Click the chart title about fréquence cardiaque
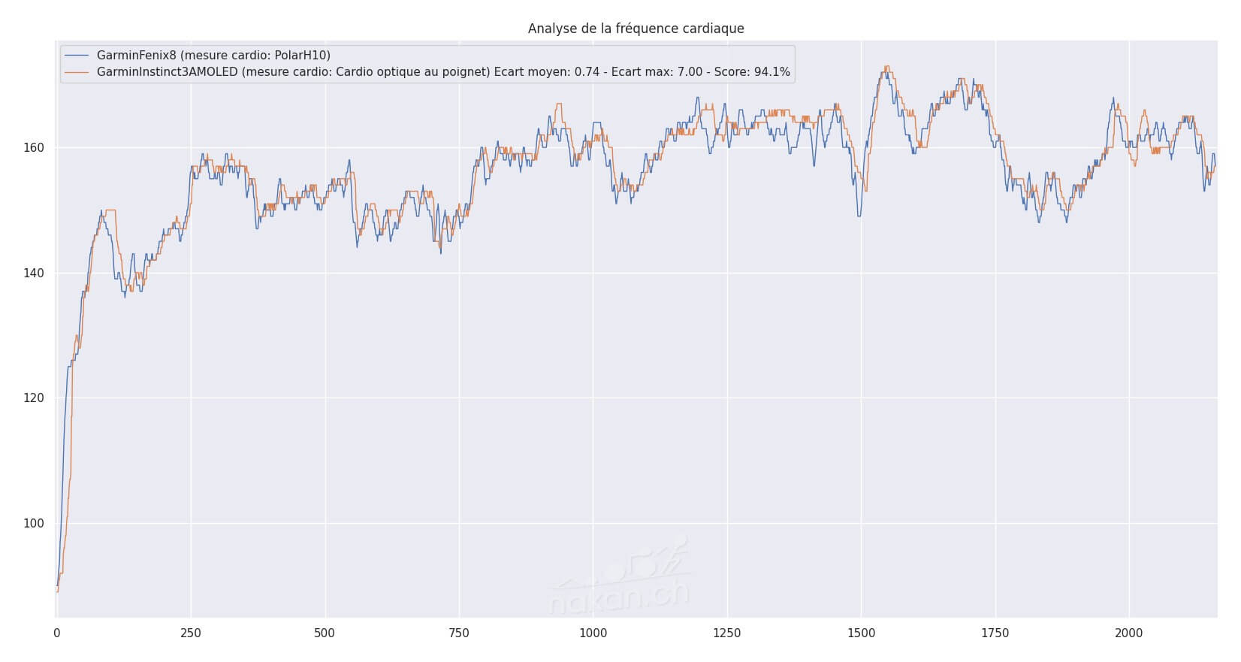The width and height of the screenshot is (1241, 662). point(636,29)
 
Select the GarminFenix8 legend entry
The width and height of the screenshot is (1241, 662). point(213,55)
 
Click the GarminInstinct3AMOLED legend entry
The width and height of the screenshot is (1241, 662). point(443,72)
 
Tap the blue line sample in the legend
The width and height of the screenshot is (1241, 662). point(77,55)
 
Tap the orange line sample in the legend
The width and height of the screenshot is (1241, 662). point(77,72)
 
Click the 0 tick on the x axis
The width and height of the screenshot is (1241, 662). point(57,633)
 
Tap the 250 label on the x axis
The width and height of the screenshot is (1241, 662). point(191,633)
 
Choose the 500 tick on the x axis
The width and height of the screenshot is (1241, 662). point(325,633)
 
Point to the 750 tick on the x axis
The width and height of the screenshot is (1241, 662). point(459,633)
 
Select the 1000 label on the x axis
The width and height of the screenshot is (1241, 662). point(593,633)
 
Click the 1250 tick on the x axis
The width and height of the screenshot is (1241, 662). point(727,633)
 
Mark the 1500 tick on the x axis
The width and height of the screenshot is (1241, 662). point(861,633)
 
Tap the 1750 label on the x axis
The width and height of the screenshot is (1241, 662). point(995,633)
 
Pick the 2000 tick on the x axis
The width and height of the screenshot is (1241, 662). point(1129,633)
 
